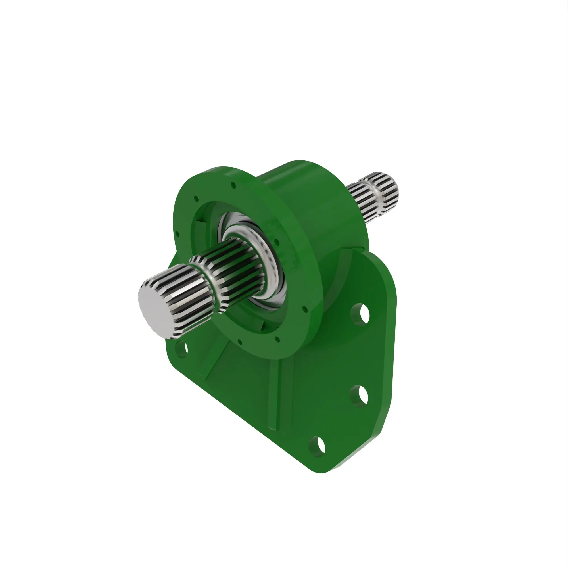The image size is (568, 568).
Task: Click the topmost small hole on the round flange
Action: pos(233,185)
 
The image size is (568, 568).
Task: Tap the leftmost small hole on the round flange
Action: pos(177,235)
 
